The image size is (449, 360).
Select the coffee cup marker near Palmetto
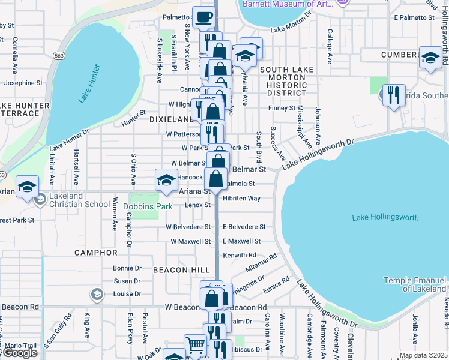(x=203, y=17)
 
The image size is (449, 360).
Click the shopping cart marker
(x=195, y=345)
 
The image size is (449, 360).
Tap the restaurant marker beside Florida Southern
(x=394, y=95)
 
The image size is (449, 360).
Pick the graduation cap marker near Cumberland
(x=430, y=58)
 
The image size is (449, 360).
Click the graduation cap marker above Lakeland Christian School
(x=27, y=186)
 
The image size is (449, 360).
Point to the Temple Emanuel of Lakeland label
(x=415, y=284)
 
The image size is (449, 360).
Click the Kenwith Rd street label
(x=240, y=256)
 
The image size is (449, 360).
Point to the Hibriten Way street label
(x=241, y=198)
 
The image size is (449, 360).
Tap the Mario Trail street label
(x=22, y=346)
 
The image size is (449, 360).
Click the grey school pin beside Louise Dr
(x=97, y=294)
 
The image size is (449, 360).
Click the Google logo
(x=19, y=353)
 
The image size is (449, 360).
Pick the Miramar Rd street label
(x=262, y=258)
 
